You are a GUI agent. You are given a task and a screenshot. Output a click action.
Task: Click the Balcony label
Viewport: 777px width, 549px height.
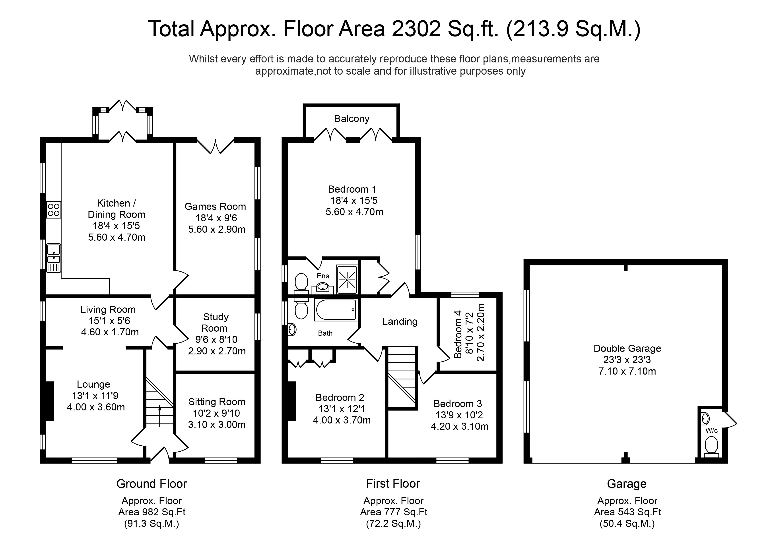coord(351,119)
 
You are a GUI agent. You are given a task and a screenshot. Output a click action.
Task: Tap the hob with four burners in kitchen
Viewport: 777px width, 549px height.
coord(53,210)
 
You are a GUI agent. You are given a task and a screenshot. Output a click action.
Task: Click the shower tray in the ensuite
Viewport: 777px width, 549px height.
coord(347,279)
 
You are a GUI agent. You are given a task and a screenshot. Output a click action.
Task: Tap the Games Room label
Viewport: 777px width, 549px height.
coord(215,207)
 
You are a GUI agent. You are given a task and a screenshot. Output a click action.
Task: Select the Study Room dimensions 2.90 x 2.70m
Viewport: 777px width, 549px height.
coord(217,351)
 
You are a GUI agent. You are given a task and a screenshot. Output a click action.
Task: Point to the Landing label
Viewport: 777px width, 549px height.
coord(400,321)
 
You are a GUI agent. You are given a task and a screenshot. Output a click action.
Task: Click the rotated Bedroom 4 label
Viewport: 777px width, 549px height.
coord(458,334)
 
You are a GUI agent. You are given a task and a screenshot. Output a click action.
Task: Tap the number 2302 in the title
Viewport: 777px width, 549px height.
coord(416,29)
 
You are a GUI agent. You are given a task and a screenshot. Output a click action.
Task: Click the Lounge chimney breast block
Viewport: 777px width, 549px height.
coord(49,401)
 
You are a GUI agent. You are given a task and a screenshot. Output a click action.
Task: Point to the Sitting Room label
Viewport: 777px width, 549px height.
coord(217,402)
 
